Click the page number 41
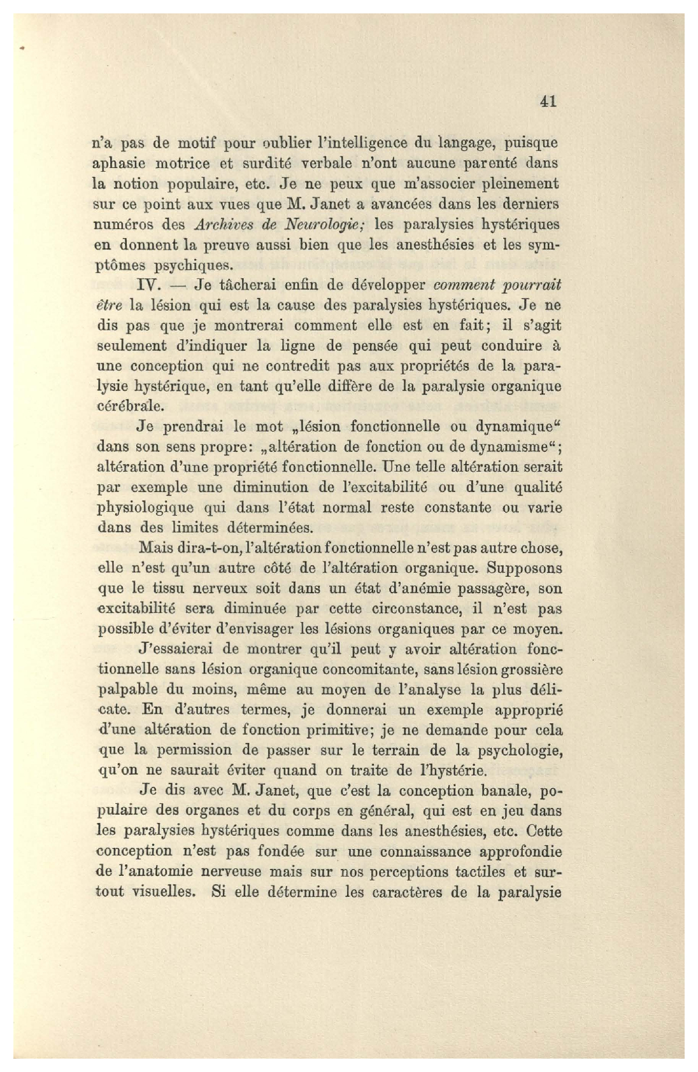548,101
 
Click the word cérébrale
130,406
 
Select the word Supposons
525,568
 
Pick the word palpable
129,690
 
